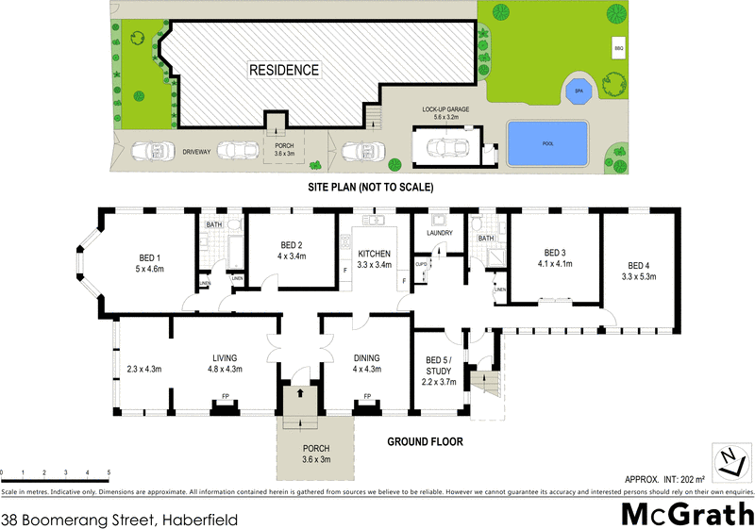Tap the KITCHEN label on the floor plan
coord(373,253)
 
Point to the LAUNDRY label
coord(440,233)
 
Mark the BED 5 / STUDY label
coord(439,363)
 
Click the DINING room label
coord(366,357)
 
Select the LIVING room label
coord(225,357)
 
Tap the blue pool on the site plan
coord(546,143)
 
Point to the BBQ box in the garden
coord(619,47)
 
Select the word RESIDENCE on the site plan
coord(284,70)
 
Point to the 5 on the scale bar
coord(109,472)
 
